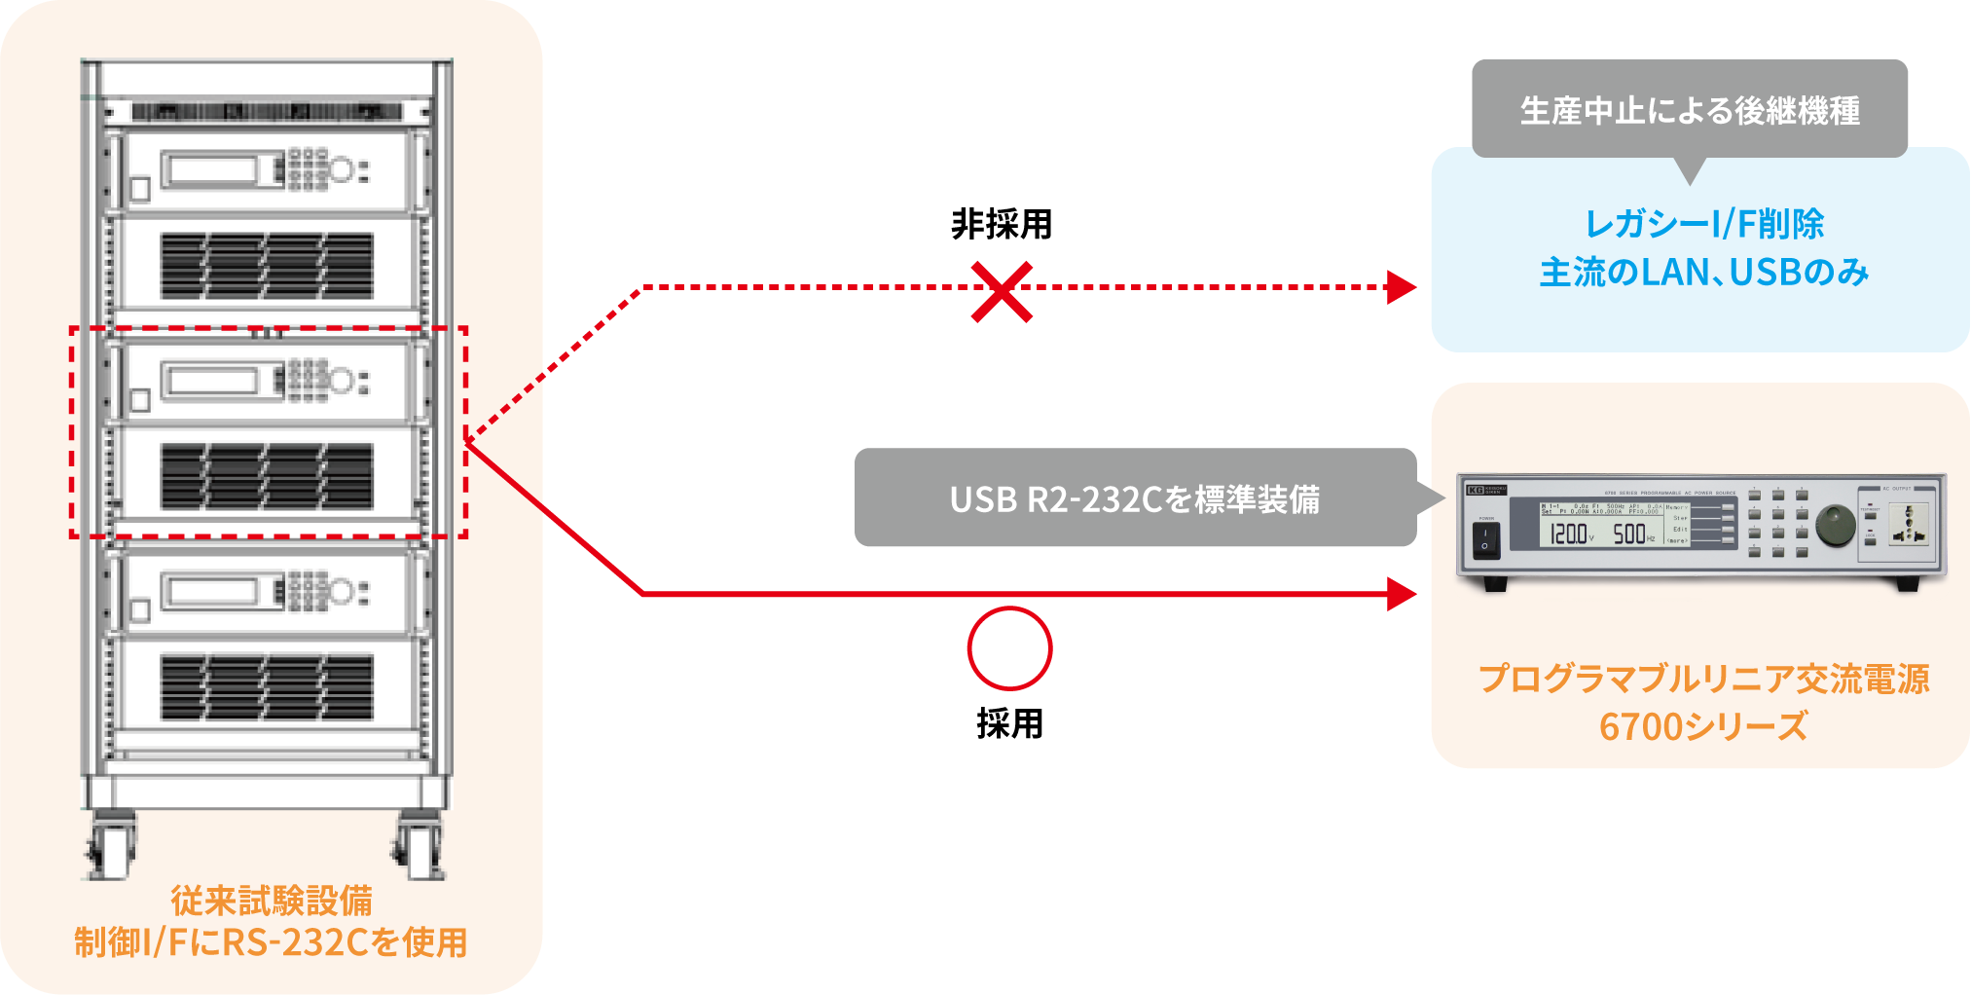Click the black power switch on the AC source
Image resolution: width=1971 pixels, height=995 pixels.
coord(1485,538)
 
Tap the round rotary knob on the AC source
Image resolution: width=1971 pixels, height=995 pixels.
coord(1835,523)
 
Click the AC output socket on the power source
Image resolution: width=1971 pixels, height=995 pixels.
coord(1907,525)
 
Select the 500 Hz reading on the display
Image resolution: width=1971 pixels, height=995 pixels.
coord(1631,534)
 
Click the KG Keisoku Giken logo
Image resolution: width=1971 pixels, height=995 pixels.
coord(1486,490)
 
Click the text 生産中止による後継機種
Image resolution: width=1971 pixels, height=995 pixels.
coord(1690,111)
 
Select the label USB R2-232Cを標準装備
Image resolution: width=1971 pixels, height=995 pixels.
coord(1135,500)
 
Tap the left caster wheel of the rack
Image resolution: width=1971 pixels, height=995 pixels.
coord(112,848)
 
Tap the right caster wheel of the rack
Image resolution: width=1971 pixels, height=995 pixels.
coord(420,848)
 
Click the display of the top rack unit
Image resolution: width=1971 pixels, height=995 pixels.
coord(208,170)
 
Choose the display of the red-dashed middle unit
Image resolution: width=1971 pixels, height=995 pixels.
coord(208,381)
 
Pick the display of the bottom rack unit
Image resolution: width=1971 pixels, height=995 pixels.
coord(208,591)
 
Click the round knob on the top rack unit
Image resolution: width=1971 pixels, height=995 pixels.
coord(341,170)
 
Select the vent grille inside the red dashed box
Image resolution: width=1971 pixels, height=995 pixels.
coord(267,477)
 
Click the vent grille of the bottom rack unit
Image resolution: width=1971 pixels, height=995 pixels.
coord(267,687)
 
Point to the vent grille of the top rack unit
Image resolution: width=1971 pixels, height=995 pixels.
coord(267,266)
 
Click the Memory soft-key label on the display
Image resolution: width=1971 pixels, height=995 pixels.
coord(1676,507)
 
